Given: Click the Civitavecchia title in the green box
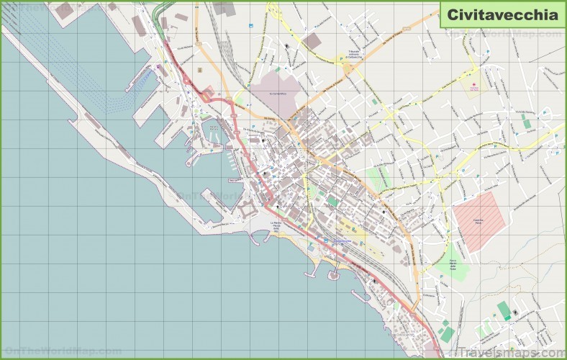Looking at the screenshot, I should click(x=502, y=14).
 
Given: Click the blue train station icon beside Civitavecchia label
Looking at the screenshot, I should click(x=325, y=240).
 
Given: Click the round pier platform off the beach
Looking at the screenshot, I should click(x=333, y=274).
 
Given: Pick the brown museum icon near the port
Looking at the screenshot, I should click(x=199, y=69).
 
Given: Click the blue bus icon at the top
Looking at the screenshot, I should click(x=250, y=27).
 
